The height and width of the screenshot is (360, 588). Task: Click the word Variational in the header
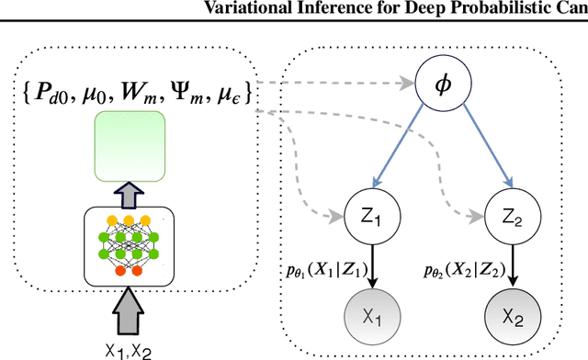coord(279,8)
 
